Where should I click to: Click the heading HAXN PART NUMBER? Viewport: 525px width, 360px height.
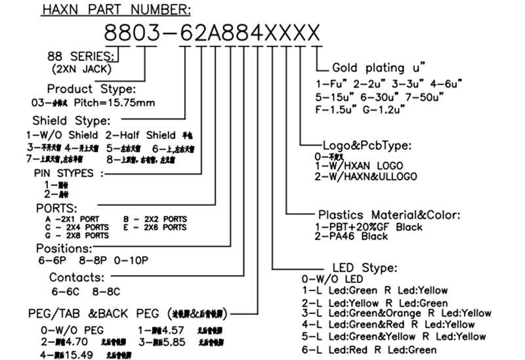click(116, 9)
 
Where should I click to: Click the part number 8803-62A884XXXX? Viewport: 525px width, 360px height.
click(213, 32)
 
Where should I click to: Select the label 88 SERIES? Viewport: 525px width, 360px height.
click(82, 56)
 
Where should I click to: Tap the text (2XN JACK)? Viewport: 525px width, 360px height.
click(81, 68)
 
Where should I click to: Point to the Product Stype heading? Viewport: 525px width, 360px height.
click(91, 89)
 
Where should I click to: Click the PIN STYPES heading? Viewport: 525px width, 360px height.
click(68, 174)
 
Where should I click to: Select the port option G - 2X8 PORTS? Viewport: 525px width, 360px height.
click(76, 234)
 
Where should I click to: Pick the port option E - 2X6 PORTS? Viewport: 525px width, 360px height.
click(154, 226)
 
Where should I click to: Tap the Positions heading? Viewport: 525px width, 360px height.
click(64, 249)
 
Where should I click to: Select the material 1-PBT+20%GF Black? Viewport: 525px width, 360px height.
click(369, 227)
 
